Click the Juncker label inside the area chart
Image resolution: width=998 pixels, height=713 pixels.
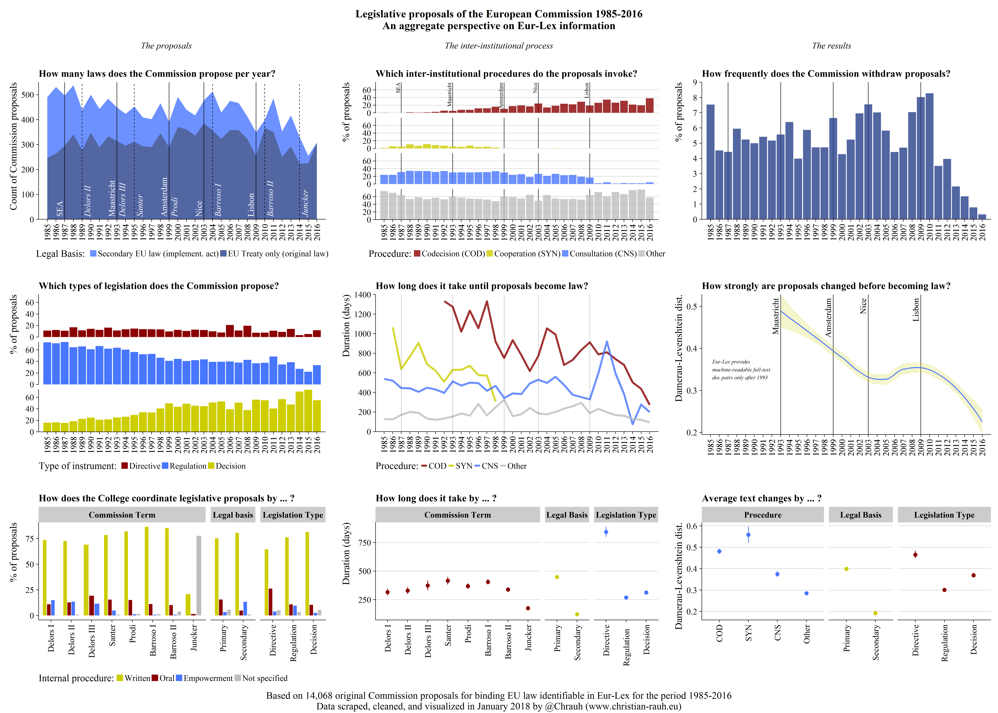coord(305,203)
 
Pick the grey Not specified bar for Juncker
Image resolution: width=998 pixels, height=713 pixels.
coord(199,575)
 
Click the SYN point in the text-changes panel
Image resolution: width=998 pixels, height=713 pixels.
coord(748,535)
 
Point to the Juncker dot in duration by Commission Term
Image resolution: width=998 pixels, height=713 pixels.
coord(528,608)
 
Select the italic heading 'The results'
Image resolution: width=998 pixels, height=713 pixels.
coord(831,46)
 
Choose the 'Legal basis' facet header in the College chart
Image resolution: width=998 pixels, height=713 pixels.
coord(233,515)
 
